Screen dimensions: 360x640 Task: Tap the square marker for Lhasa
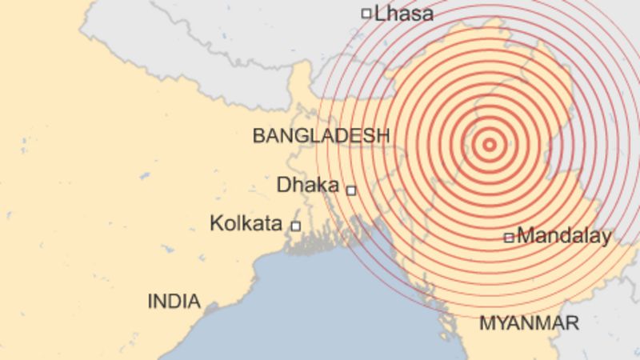pyautogui.click(x=366, y=13)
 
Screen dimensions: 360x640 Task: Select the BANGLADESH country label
pyautogui.click(x=321, y=136)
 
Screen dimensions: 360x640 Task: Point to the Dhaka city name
pyautogui.click(x=308, y=185)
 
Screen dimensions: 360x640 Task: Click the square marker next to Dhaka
pyautogui.click(x=350, y=190)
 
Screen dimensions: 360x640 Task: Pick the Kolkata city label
pyautogui.click(x=246, y=223)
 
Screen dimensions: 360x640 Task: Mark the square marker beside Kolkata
pyautogui.click(x=295, y=226)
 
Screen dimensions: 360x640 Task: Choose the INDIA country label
pyautogui.click(x=174, y=302)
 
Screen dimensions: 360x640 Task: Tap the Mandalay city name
pyautogui.click(x=564, y=236)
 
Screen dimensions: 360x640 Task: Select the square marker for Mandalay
pyautogui.click(x=508, y=238)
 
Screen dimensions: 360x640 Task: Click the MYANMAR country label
pyautogui.click(x=529, y=324)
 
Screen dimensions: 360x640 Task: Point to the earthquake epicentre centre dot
pyautogui.click(x=490, y=145)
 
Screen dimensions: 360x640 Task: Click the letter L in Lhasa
pyautogui.click(x=379, y=14)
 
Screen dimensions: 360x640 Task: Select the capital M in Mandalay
pyautogui.click(x=525, y=236)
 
